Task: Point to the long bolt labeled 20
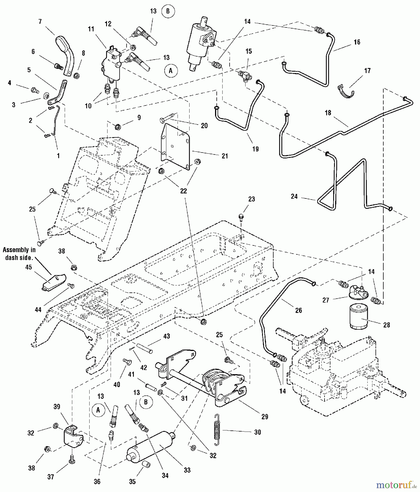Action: [x=167, y=118]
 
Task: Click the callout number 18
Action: [x=328, y=113]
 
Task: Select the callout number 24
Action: [x=294, y=196]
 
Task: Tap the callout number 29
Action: [x=265, y=417]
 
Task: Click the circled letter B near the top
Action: [x=168, y=11]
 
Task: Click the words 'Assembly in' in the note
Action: [x=19, y=250]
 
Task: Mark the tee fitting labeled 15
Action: [x=243, y=75]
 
